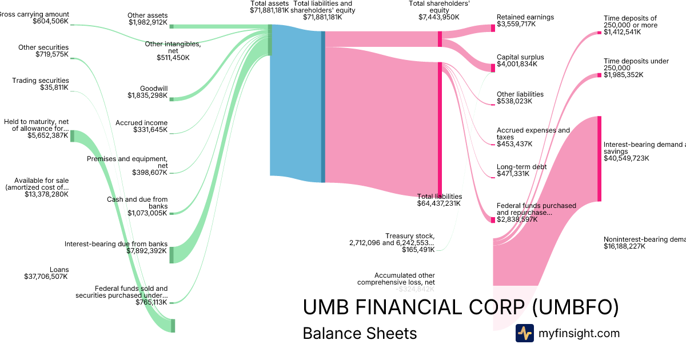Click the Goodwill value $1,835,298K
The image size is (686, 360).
pos(147,96)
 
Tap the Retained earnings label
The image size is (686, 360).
pos(525,17)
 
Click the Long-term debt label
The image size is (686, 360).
pos(521,167)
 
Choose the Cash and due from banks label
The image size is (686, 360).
pos(137,203)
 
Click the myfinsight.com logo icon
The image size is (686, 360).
pos(524,333)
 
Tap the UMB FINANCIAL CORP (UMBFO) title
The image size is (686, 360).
pos(460,307)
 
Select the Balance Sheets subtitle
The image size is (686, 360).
pos(360,333)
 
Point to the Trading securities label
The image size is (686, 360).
pos(41,81)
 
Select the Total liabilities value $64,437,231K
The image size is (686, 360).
pos(438,203)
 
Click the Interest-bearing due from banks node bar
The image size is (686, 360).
pos(171,254)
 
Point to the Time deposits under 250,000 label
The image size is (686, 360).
pos(636,65)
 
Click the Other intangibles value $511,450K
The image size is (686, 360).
pos(173,58)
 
